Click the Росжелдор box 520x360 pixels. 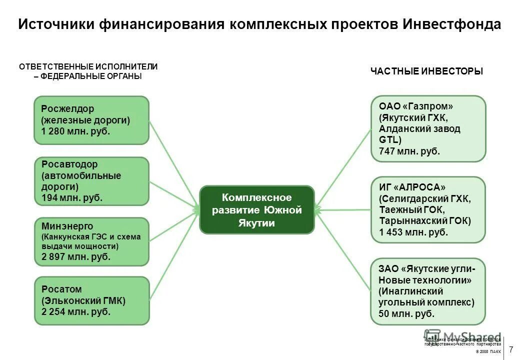pyautogui.click(x=91, y=120)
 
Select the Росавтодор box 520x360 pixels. pyautogui.click(x=91, y=181)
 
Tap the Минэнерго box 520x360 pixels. pyautogui.click(x=91, y=241)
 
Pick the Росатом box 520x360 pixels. pyautogui.click(x=91, y=300)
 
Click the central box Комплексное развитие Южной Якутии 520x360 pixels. pyautogui.click(x=257, y=210)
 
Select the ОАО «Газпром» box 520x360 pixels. pyautogui.click(x=428, y=128)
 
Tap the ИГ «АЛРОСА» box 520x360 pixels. pyautogui.click(x=428, y=209)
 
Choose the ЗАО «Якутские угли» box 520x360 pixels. pyautogui.click(x=428, y=291)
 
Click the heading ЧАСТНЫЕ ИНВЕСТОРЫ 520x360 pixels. pyautogui.click(x=426, y=71)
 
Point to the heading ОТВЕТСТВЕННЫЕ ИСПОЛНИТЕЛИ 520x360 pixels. pyautogui.click(x=88, y=66)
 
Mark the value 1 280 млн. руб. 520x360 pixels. pyautogui.click(x=75, y=131)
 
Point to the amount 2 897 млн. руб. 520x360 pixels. pyautogui.click(x=76, y=257)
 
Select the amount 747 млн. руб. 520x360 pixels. pyautogui.click(x=409, y=151)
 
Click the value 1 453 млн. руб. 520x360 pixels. pyautogui.click(x=413, y=232)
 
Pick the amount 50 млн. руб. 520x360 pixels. pyautogui.click(x=406, y=314)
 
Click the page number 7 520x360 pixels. pyautogui.click(x=511, y=349)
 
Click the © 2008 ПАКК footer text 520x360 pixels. pyautogui.click(x=488, y=352)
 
